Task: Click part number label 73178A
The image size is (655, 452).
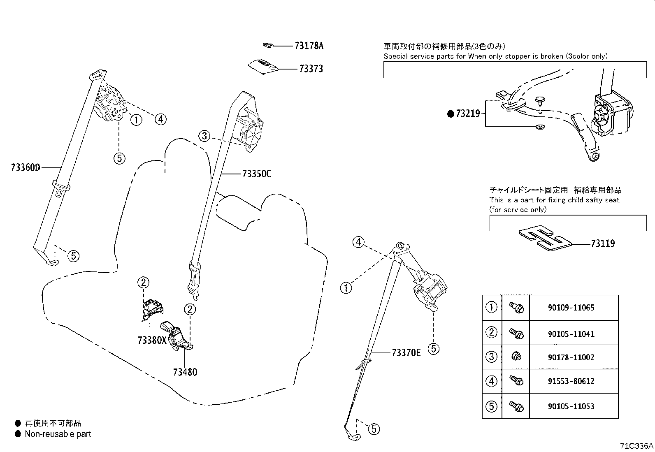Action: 309,46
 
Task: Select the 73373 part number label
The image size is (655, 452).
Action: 311,69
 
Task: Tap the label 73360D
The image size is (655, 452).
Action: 26,168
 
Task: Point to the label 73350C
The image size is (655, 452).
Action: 256,174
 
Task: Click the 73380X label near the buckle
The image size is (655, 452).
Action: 152,340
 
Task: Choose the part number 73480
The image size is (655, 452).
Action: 185,372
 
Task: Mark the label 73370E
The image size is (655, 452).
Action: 406,352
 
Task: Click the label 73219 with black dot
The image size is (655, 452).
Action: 467,114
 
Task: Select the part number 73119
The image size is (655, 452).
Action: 603,243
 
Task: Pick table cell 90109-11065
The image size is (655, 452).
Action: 571,308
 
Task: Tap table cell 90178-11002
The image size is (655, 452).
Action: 571,357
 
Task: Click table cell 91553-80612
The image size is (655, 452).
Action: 571,381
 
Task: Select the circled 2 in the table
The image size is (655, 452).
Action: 492,332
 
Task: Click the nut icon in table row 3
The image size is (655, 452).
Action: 516,357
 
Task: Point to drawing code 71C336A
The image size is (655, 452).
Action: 636,446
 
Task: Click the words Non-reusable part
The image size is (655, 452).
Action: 58,434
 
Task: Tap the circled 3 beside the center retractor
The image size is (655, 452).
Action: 204,136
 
